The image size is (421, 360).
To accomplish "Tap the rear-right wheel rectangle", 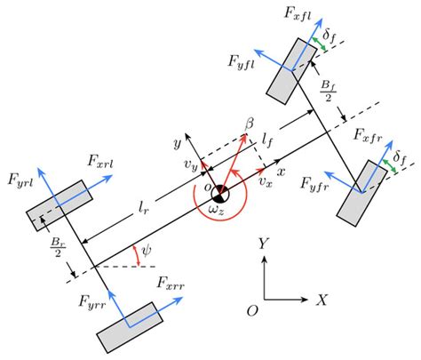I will click(x=130, y=325).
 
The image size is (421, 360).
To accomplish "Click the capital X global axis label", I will click(x=322, y=300).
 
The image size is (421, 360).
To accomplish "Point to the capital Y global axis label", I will click(x=263, y=244).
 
